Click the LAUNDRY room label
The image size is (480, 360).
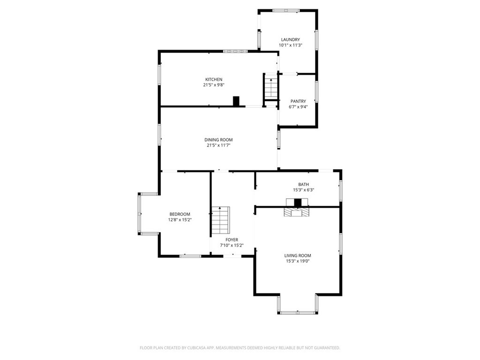pos(290,39)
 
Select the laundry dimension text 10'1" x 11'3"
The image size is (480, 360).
pos(290,45)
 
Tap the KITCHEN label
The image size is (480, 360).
pos(213,79)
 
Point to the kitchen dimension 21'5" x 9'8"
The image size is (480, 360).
pos(213,85)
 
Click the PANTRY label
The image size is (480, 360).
pos(298,101)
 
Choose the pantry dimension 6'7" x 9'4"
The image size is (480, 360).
pos(298,107)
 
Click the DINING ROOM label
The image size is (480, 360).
pos(218,140)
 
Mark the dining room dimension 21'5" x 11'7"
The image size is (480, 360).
pos(218,145)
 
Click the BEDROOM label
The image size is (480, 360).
pos(180,214)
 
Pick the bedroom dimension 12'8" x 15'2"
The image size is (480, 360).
pos(180,220)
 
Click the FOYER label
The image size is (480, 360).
pos(232,240)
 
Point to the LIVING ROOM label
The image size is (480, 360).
pos(298,255)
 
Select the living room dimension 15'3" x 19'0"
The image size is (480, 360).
pos(298,261)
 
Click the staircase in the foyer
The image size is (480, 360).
pos(220,220)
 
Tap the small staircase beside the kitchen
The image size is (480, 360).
pos(270,87)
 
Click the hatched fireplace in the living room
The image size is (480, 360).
pos(297,212)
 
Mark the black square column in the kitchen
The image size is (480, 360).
pos(236,101)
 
